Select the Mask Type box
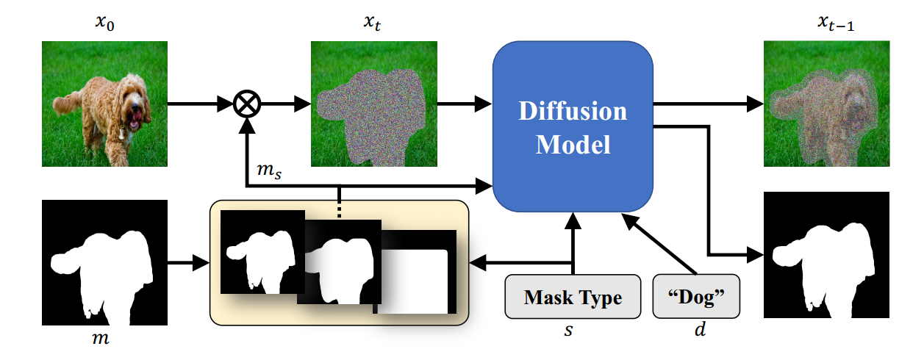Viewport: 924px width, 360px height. click(x=573, y=298)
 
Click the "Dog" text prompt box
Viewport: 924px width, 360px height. click(x=696, y=298)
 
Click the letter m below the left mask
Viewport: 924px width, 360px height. click(x=102, y=336)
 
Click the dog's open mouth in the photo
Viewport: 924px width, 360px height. click(x=135, y=119)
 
